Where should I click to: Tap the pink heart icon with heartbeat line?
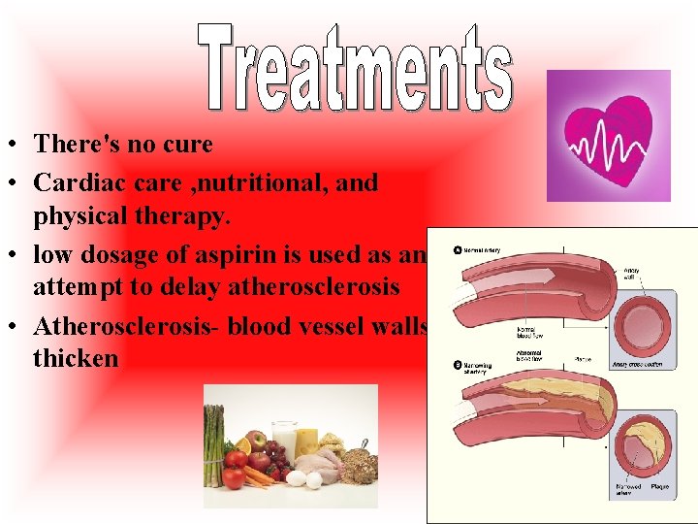point(609,135)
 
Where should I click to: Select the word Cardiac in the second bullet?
point(79,182)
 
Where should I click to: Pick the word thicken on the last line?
point(76,358)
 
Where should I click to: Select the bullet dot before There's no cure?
point(17,146)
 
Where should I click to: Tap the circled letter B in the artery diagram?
point(457,366)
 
